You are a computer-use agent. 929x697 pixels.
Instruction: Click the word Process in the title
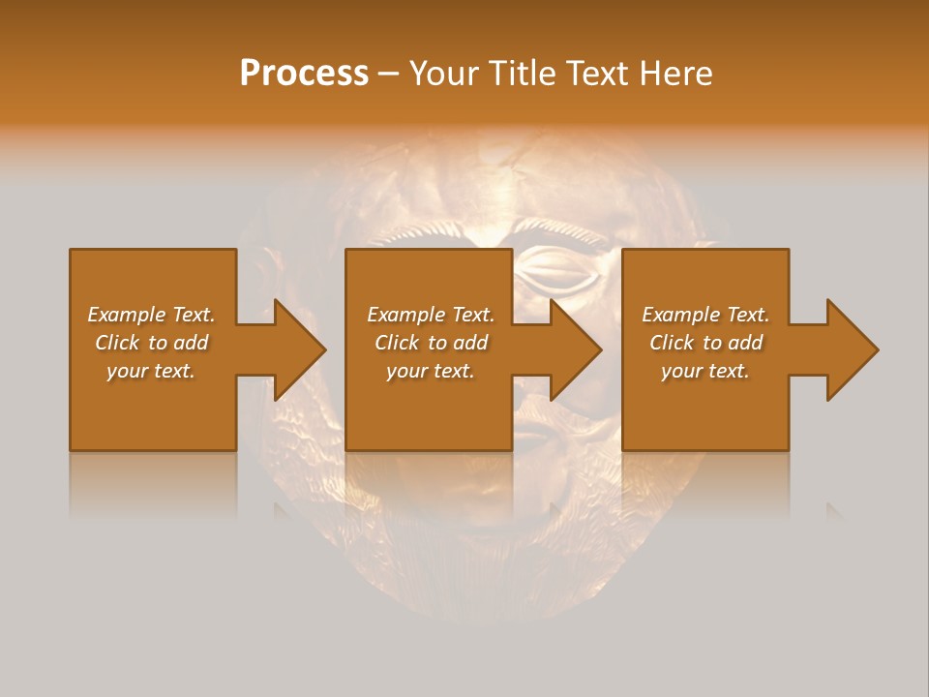point(304,74)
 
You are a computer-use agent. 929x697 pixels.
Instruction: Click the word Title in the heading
point(523,74)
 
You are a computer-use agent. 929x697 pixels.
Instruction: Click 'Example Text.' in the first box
point(151,315)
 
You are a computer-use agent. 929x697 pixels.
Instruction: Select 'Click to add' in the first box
point(151,343)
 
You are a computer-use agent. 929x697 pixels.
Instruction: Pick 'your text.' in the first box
point(151,371)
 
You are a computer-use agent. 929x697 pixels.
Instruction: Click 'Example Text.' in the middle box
point(431,315)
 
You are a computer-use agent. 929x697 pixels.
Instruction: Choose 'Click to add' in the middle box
point(431,343)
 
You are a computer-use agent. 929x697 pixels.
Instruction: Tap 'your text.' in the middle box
point(431,371)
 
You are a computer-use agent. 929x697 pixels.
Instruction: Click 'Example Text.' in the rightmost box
point(705,315)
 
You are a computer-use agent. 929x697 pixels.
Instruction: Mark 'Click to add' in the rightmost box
point(705,343)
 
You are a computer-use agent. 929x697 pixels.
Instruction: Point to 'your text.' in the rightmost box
point(705,371)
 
